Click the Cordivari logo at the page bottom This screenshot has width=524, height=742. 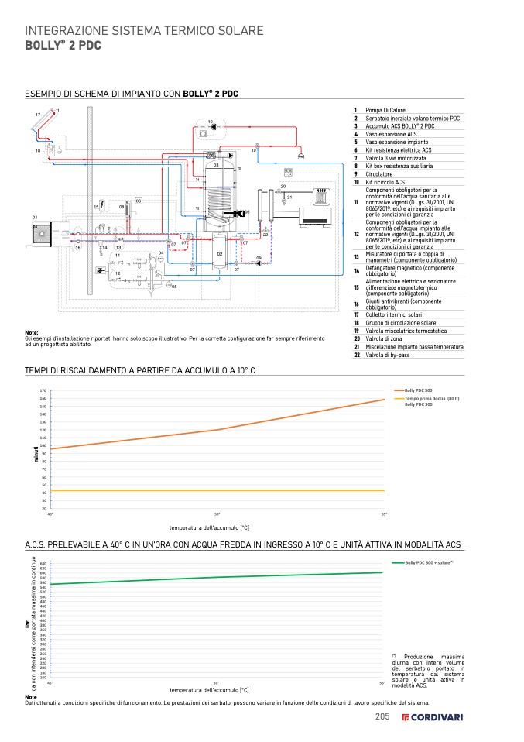tap(433, 717)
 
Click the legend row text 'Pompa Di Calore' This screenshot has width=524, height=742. tap(385, 110)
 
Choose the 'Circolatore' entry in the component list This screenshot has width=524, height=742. tap(381, 173)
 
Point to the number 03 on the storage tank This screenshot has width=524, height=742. tap(216, 165)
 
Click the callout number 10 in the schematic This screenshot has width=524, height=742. tap(210, 122)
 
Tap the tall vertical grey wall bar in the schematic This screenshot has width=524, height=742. tap(89, 201)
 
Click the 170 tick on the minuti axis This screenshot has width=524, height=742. tap(43, 391)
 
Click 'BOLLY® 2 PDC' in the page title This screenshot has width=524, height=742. tap(63, 46)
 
